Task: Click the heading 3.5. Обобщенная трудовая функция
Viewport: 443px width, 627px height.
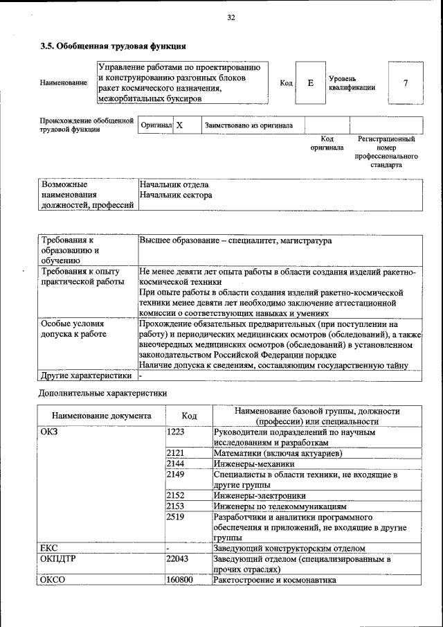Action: pos(112,47)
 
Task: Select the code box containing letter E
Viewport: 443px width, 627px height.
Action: pos(311,83)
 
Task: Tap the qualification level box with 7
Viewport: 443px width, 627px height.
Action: pos(405,83)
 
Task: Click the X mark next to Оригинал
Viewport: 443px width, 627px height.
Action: pos(180,125)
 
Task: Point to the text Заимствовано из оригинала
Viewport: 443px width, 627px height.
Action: pos(248,125)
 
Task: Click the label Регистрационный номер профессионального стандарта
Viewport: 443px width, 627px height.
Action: pos(386,152)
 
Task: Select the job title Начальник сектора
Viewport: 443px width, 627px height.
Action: pos(176,195)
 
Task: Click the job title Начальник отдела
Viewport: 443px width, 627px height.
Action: pos(174,185)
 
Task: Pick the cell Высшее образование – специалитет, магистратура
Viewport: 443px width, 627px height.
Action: pos(235,240)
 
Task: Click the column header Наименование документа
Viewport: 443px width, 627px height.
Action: pos(101,416)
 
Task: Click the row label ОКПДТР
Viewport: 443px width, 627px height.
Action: pos(58,558)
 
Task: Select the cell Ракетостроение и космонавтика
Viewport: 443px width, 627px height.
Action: pos(275,579)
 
